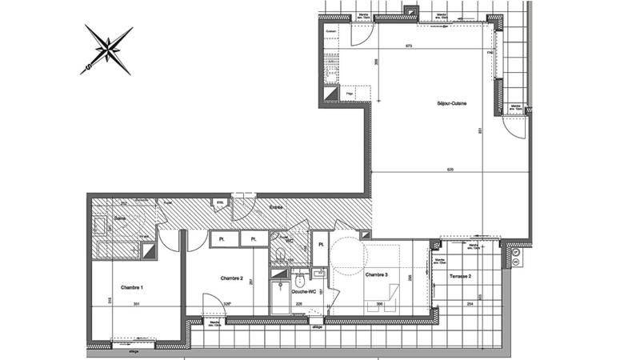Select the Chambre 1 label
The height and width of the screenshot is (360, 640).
coord(132,287)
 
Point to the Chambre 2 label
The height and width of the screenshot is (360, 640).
coord(231,278)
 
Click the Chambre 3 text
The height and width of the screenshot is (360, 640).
coord(376,274)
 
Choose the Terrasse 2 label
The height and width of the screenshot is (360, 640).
coord(460,275)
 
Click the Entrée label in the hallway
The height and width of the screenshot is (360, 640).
coord(276,207)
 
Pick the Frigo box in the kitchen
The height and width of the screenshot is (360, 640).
coord(350,94)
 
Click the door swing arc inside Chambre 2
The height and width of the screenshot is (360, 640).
coord(213,304)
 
